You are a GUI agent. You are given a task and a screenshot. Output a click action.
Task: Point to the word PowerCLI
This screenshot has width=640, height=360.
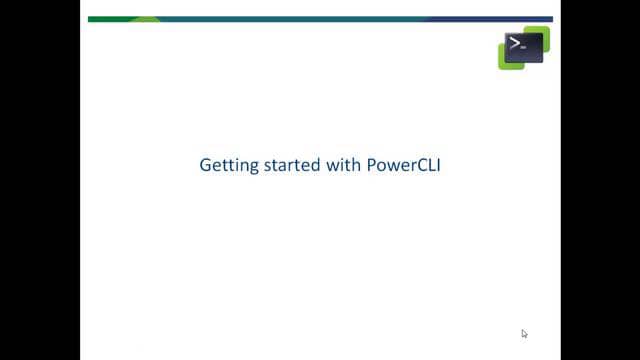(x=405, y=165)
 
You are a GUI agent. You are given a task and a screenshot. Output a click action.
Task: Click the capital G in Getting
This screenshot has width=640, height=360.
(x=206, y=165)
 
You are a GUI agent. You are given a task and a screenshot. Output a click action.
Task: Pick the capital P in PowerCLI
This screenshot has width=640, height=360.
(x=376, y=165)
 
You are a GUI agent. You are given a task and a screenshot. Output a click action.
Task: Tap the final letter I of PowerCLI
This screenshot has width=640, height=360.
(x=439, y=165)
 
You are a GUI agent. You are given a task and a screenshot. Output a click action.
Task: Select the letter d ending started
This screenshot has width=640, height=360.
(x=314, y=165)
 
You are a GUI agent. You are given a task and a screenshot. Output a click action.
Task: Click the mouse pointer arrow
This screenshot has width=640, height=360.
(x=524, y=334)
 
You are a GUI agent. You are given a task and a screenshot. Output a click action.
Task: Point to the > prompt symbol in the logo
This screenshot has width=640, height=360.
(x=515, y=43)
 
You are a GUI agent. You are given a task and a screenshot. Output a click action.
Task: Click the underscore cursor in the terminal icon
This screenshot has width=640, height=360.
(x=524, y=47)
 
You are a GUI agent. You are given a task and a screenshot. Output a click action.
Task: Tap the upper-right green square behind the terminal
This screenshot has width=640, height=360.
(x=543, y=33)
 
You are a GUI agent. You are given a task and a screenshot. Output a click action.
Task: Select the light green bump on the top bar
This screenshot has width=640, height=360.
(x=145, y=19)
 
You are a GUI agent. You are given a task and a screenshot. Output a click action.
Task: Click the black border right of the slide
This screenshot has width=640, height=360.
(x=600, y=180)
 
